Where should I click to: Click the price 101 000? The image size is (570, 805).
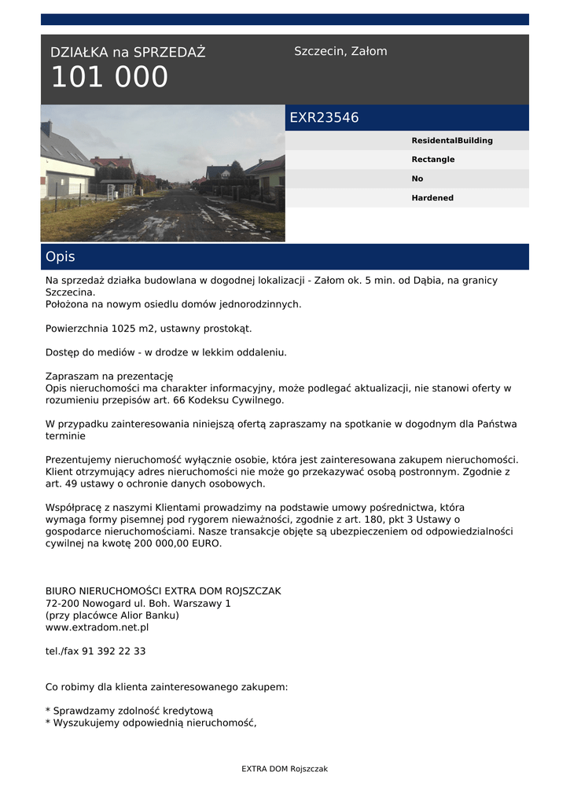[109, 78]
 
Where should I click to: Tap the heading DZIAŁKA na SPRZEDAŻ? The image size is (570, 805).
[127, 53]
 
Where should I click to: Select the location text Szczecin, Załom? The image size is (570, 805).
[340, 51]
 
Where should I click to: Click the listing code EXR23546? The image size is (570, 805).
[324, 118]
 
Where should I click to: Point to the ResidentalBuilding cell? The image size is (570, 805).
[452, 141]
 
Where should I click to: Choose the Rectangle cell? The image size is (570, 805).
[432, 160]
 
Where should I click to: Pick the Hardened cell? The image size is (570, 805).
[432, 198]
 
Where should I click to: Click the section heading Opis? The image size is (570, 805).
[61, 257]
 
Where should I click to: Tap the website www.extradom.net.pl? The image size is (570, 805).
[97, 627]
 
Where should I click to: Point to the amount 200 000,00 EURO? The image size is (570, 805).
[179, 543]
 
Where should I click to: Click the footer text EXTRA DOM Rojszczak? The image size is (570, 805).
[285, 769]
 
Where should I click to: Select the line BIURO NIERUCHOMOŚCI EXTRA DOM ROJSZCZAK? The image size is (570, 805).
[163, 590]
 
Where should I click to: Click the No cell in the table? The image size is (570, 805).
[417, 178]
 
